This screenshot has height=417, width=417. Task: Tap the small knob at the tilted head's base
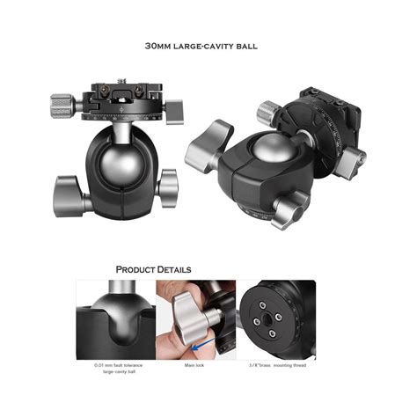tap(288, 211)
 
